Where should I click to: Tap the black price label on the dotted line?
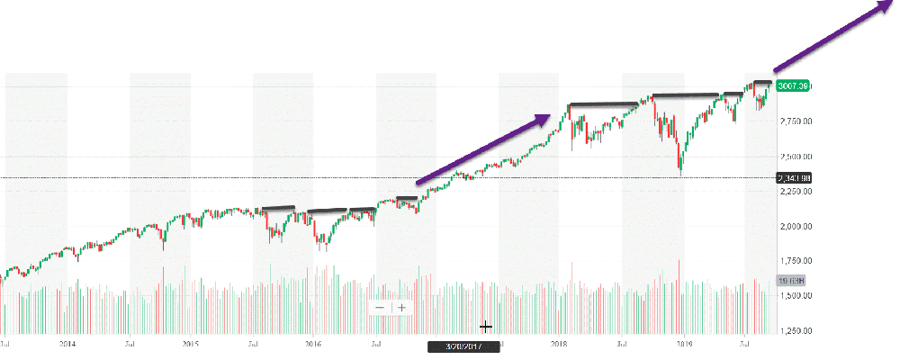click(792, 177)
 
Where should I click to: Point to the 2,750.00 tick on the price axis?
click(795, 121)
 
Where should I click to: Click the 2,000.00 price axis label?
click(795, 226)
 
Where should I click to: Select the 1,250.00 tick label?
click(795, 331)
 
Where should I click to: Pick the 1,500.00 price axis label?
click(795, 295)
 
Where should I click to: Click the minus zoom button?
click(380, 308)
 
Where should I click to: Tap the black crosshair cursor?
click(486, 326)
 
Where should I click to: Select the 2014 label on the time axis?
click(67, 344)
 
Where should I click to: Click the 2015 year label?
click(191, 344)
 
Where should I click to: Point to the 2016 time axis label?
click(313, 344)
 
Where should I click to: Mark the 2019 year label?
click(684, 344)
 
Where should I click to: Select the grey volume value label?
click(791, 281)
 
